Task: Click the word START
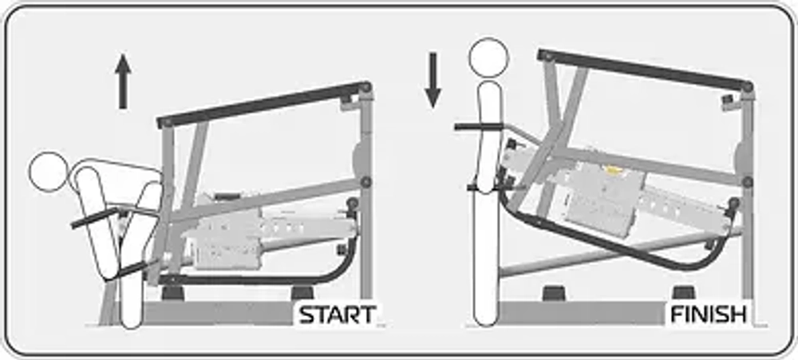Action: tap(338, 315)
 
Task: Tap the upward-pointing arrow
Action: tap(123, 81)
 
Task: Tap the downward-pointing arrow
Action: tap(433, 80)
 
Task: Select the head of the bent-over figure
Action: tap(49, 172)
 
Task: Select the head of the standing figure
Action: tap(488, 57)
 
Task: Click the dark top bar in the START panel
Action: tap(264, 104)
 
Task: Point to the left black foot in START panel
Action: tap(172, 293)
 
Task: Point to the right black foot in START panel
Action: tap(302, 293)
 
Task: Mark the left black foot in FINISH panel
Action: tap(554, 293)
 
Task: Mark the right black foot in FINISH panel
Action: tap(683, 293)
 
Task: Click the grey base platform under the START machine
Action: tap(219, 313)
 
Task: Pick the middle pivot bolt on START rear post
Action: tap(366, 182)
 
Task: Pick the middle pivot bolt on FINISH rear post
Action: tap(747, 182)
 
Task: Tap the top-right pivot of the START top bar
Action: tap(365, 87)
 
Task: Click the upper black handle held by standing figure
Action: tap(478, 127)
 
